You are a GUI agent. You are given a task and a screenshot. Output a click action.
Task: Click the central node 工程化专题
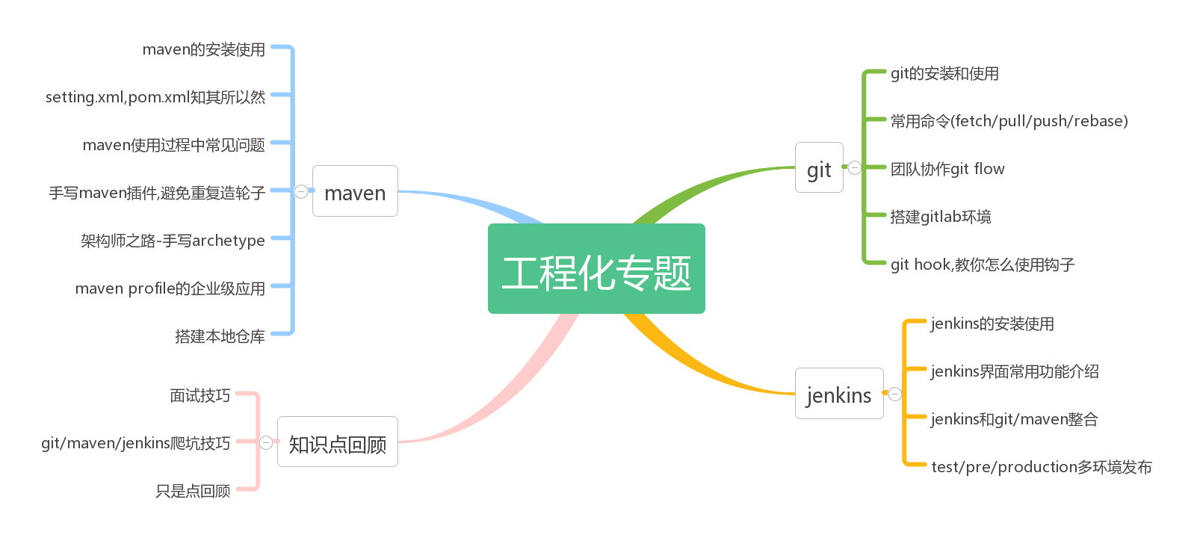[596, 269]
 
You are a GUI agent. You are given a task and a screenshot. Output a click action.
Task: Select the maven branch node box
[355, 191]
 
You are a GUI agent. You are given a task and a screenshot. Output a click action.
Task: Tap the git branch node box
[819, 168]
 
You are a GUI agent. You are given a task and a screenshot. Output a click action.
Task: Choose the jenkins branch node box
[839, 394]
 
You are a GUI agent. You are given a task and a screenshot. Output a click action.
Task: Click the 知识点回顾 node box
[338, 442]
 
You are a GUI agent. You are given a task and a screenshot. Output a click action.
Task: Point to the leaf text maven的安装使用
[203, 49]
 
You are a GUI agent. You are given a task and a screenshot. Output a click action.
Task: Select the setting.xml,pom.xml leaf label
[155, 97]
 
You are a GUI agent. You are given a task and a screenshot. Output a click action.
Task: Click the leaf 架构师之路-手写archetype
[173, 241]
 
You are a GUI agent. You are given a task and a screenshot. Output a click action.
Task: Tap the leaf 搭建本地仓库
[220, 336]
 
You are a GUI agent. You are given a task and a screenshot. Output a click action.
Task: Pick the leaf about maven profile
[170, 288]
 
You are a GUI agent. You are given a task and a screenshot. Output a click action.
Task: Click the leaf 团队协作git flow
[947, 169]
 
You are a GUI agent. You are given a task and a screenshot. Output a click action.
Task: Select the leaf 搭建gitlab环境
[941, 217]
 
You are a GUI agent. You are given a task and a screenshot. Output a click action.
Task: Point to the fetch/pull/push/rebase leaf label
[1009, 121]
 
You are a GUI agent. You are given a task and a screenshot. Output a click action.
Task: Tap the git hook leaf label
[982, 265]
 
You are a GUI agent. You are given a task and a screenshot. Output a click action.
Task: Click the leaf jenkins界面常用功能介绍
[1014, 371]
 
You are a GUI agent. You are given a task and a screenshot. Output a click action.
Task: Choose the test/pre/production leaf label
[1041, 467]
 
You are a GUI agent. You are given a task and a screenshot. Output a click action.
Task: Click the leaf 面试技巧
[200, 395]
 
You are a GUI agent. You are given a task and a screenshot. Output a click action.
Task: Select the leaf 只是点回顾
[193, 491]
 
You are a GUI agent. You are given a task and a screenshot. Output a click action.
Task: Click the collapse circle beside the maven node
[301, 191]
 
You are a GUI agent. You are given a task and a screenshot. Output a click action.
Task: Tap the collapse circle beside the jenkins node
[895, 394]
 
